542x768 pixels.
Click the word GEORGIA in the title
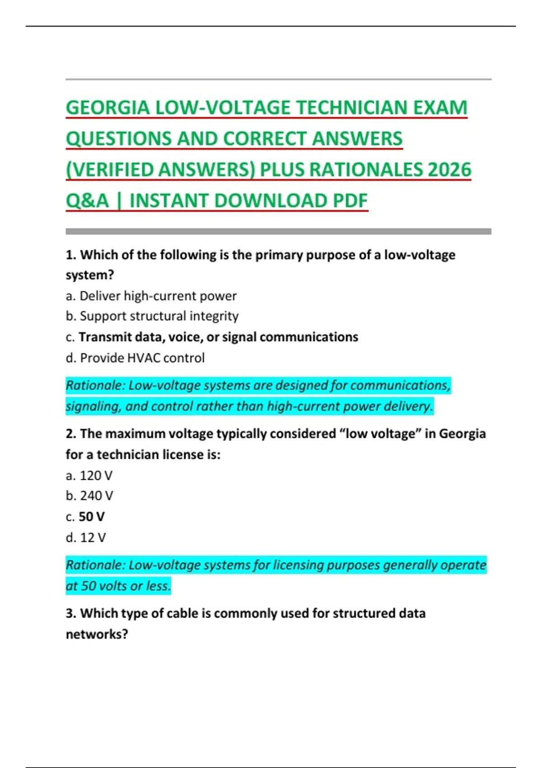[x=107, y=108]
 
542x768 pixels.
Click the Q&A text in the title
[x=88, y=201]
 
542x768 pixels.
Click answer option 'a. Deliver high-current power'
[x=151, y=296]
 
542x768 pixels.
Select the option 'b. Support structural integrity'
[x=152, y=316]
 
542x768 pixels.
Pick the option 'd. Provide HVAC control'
[x=135, y=358]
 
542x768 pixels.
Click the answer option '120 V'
[x=89, y=476]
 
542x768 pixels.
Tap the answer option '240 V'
[x=89, y=496]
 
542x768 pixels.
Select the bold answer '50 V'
[x=91, y=517]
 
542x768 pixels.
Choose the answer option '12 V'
[x=86, y=538]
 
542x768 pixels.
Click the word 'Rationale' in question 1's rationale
[x=94, y=385]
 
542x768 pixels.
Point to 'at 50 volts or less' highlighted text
[x=118, y=586]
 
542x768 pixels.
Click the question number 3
[x=70, y=613]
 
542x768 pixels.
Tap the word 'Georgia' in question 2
[x=462, y=434]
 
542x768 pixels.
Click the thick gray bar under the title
[x=278, y=231]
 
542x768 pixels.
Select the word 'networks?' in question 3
[x=97, y=634]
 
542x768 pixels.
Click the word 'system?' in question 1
[x=89, y=275]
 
